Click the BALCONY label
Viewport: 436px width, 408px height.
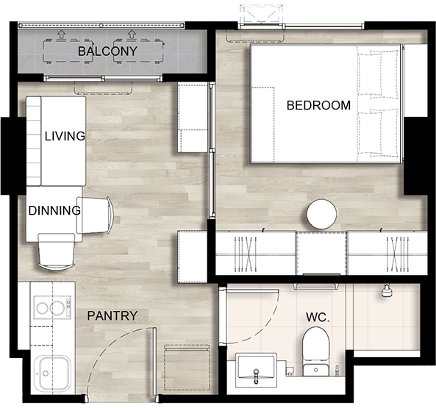[x=107, y=51]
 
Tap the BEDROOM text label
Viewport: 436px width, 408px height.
[x=318, y=105]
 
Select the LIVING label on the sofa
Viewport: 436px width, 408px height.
[x=65, y=136]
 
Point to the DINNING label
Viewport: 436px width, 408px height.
[x=54, y=210]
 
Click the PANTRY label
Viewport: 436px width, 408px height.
[x=112, y=315]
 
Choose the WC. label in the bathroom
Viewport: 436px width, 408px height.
[x=318, y=317]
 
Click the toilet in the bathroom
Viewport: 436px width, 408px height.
[x=315, y=351]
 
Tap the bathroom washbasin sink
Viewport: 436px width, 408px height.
[x=256, y=370]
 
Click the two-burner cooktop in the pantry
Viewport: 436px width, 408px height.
[x=52, y=307]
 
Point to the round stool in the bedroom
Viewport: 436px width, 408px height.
[x=321, y=214]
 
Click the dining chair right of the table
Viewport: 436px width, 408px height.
[x=95, y=215]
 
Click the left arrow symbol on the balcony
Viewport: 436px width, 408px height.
[x=61, y=35]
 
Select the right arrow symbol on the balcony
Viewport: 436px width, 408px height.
[x=132, y=35]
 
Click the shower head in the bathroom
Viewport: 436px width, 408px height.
[x=387, y=290]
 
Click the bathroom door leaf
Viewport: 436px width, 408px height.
[x=253, y=291]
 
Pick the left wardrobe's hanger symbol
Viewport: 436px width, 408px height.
[x=246, y=254]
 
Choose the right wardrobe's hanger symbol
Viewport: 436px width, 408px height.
[x=398, y=254]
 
